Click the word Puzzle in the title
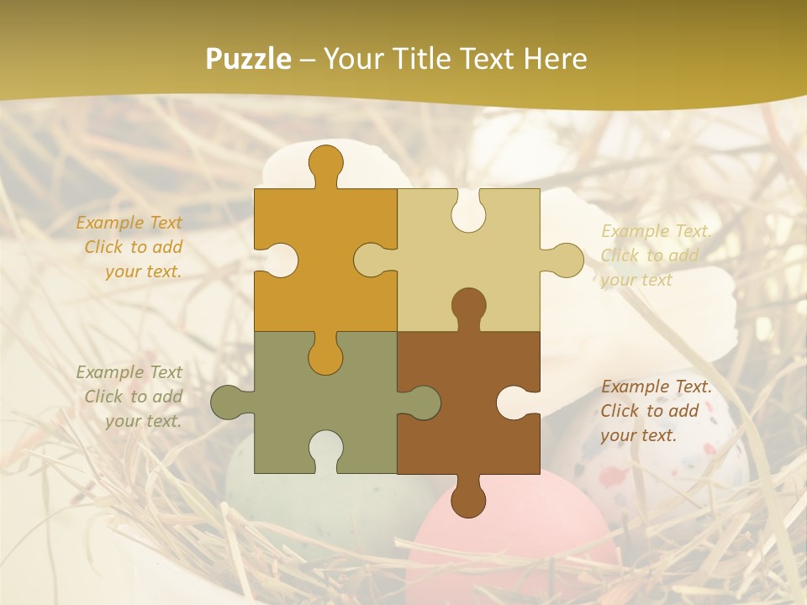(249, 59)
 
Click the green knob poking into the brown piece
(421, 402)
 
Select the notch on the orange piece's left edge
(278, 260)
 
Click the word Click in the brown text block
(619, 411)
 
